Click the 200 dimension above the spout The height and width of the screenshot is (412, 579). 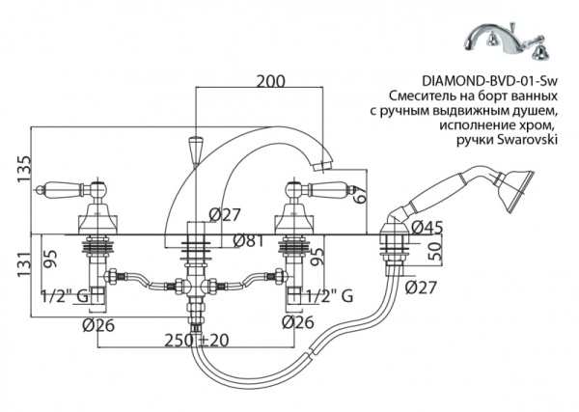[x=271, y=81]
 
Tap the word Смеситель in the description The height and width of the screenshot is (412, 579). [x=423, y=97]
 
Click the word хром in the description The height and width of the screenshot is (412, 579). [x=542, y=126]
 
